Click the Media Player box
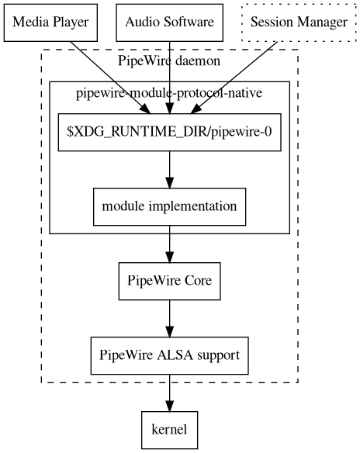coord(52,22)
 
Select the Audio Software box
coord(169,22)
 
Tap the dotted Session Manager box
coord(299,22)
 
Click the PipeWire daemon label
coord(169,61)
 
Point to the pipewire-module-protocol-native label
coord(169,94)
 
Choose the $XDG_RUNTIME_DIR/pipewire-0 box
coord(169,132)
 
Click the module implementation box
coord(169,206)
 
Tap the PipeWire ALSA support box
coord(169,355)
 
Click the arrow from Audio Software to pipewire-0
coord(169,78)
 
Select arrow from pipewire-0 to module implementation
coord(169,169)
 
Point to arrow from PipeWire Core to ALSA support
coord(169,318)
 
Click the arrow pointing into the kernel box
coord(169,396)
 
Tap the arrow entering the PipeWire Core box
coord(169,247)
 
